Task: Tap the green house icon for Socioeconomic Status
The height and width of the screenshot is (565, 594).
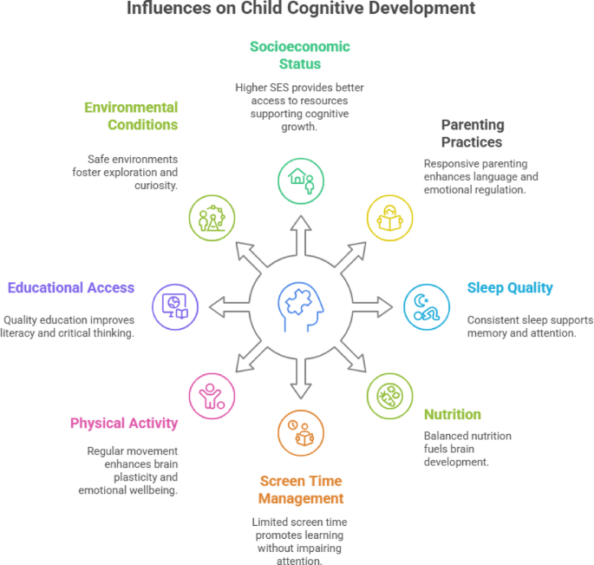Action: coord(301,180)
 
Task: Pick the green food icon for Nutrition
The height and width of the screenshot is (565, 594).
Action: coord(389,395)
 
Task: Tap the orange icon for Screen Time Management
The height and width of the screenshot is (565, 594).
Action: coord(300,431)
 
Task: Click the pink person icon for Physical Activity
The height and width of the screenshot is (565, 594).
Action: coord(212,395)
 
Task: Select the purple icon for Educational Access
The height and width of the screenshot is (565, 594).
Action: coord(174,305)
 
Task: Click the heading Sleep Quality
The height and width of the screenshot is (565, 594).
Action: coord(509,288)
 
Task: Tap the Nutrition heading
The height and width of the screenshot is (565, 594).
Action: coord(452,414)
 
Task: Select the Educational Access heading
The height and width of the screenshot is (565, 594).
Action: coord(70,287)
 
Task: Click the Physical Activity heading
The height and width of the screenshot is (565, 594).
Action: coord(124,424)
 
